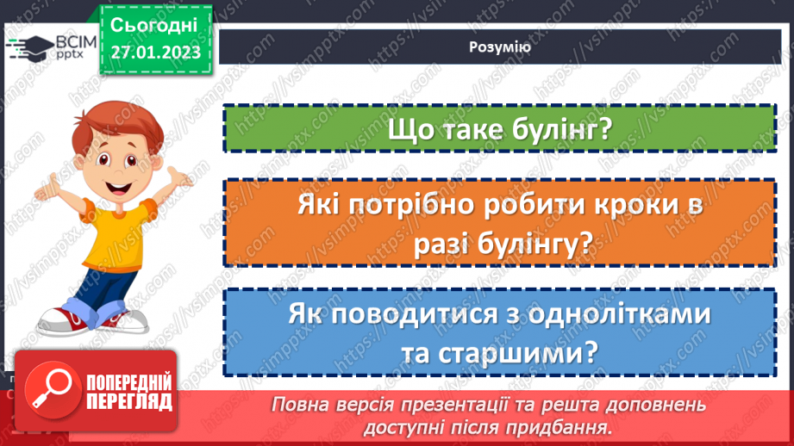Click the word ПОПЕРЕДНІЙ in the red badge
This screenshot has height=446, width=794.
click(128, 382)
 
